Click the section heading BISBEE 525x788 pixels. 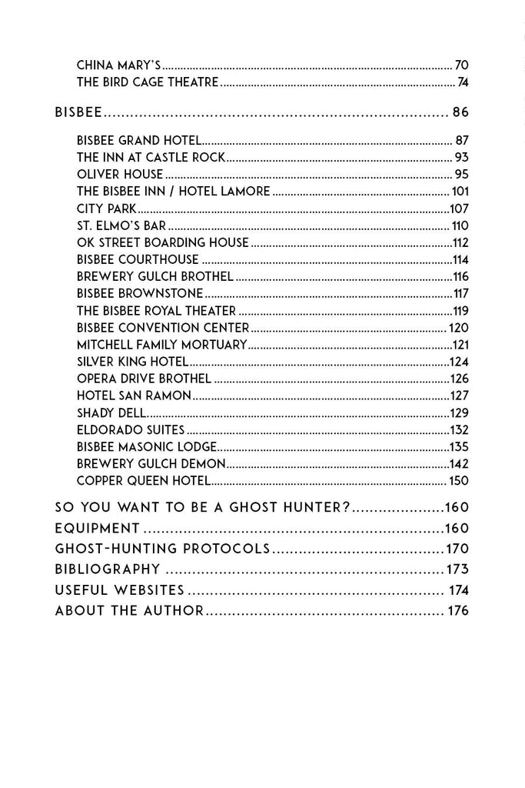tap(78, 112)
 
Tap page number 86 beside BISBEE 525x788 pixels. tap(460, 112)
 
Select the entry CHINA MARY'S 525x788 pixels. tap(118, 65)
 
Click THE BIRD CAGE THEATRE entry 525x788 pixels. tap(148, 82)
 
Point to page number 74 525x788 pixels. tap(463, 82)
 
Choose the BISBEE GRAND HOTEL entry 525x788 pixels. tap(139, 140)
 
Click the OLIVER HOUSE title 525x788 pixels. tap(120, 174)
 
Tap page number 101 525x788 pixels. tap(460, 191)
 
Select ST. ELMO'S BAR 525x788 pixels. tap(121, 225)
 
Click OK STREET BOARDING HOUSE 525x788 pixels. tap(163, 242)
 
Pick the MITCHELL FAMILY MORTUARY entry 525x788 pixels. tap(161, 345)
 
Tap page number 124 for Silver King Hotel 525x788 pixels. tap(459, 362)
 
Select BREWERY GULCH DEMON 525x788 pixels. tap(151, 463)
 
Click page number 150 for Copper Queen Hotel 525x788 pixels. tap(458, 481)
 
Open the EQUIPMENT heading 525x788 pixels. tap(98, 529)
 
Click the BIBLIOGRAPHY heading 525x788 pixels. tap(108, 569)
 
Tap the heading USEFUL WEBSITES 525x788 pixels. tap(120, 590)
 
